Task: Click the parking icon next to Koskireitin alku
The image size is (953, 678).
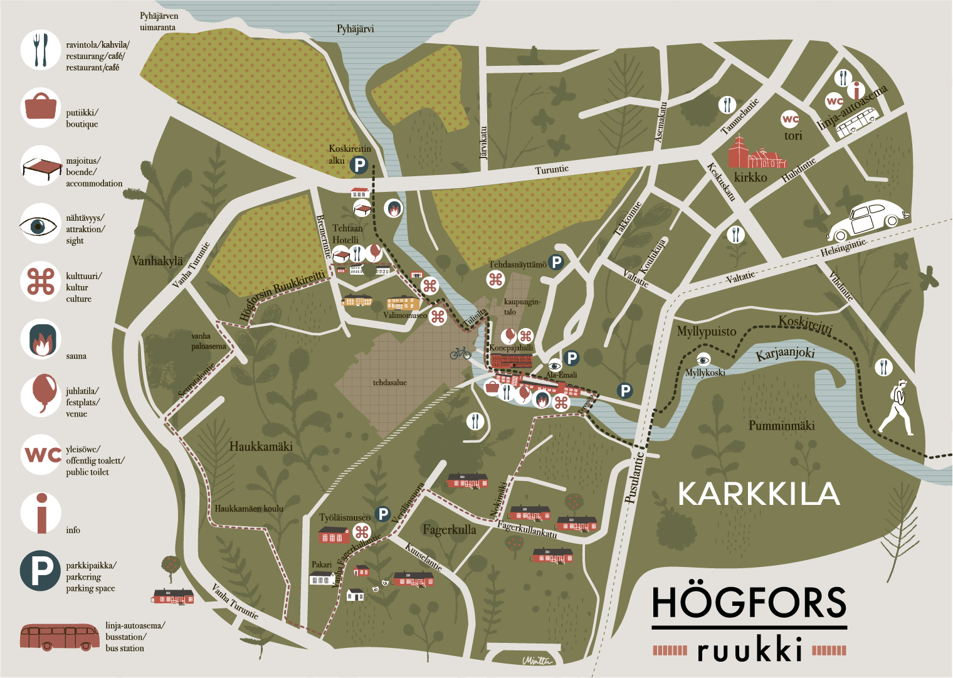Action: [359, 165]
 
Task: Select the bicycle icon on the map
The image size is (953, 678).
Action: [460, 353]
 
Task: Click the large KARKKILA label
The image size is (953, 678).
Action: [759, 494]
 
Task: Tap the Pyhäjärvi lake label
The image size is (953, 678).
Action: [355, 29]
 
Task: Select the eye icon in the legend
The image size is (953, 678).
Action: [40, 226]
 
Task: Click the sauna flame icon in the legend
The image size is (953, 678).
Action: [40, 339]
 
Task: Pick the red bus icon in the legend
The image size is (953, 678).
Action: [60, 637]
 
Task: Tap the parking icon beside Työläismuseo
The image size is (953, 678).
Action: [382, 514]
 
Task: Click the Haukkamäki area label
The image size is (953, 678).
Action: [261, 447]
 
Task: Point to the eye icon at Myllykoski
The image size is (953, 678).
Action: [703, 360]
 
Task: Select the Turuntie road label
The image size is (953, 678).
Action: [552, 170]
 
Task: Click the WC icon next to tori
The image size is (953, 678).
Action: [790, 119]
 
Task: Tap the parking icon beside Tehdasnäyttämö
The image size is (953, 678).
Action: [556, 262]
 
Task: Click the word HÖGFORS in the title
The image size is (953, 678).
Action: [749, 603]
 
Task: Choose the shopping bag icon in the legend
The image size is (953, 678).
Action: [41, 107]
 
